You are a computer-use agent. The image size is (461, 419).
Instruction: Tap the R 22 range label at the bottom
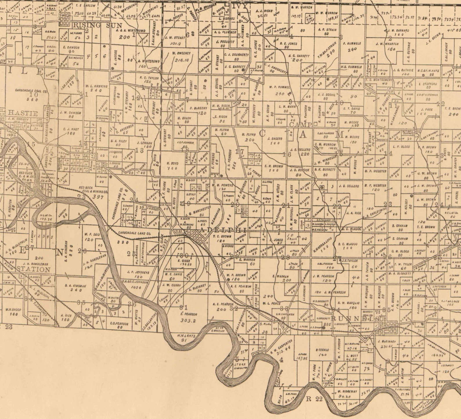click(314, 399)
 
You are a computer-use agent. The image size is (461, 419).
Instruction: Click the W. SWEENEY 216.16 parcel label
click(181, 57)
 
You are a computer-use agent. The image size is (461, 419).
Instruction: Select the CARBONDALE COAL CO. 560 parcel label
click(32, 95)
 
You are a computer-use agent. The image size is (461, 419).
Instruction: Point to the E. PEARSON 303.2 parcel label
click(189, 317)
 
